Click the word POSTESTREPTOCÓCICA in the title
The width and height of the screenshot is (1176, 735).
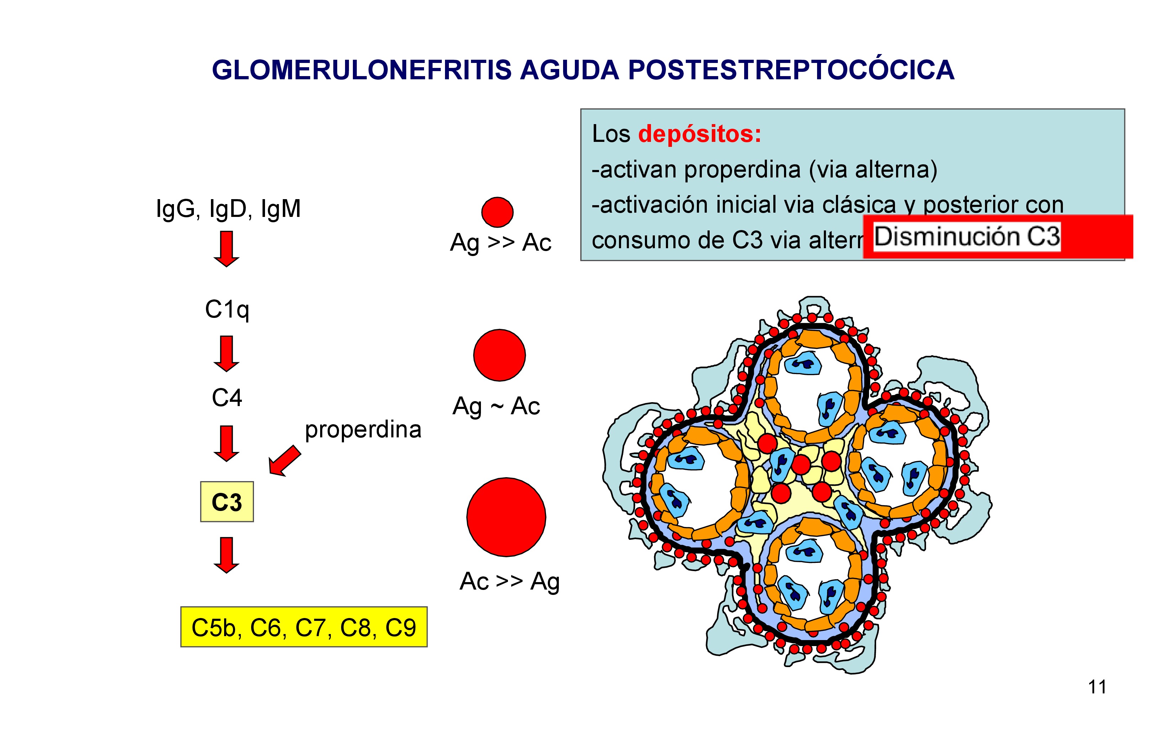(791, 70)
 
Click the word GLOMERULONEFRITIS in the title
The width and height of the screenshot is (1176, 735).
(362, 70)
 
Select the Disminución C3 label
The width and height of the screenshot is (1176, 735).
(966, 237)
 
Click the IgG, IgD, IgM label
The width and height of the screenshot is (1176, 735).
(228, 209)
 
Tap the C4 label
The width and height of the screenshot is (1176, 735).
(227, 398)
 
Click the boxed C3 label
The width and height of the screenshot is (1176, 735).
(227, 502)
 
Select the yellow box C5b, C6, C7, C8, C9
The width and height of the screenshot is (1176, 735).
(304, 627)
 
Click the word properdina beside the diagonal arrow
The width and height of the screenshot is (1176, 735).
(363, 429)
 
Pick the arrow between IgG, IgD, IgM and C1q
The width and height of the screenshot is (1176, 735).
(227, 249)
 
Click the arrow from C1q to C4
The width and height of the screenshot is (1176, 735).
(227, 353)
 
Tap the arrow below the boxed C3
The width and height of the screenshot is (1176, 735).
(227, 555)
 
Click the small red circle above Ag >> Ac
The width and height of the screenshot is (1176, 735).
(497, 212)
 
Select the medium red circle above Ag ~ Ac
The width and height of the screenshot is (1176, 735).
(499, 355)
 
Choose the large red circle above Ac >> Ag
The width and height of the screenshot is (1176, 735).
(506, 517)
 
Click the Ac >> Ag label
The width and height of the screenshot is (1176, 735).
(509, 581)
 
